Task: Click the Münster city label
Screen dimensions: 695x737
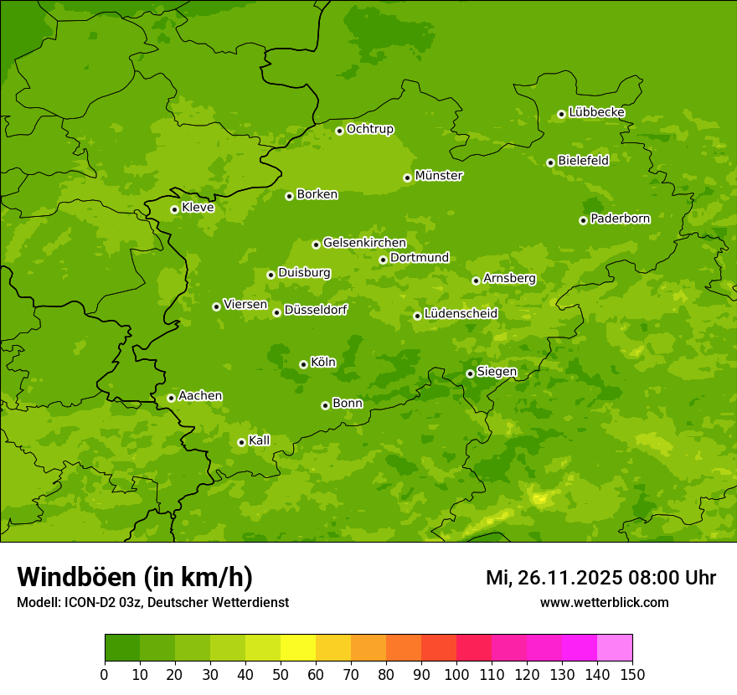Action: pos(439,176)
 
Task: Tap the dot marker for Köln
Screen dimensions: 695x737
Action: pos(303,364)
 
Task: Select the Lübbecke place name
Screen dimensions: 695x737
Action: pos(596,112)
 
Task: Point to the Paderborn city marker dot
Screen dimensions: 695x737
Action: pos(583,220)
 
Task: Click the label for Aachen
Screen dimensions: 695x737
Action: pos(200,396)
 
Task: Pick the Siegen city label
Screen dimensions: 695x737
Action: pos(497,372)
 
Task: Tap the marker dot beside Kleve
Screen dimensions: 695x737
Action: pos(174,209)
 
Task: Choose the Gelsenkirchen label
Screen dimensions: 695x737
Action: pos(364,243)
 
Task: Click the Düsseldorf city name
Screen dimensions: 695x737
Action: pos(316,310)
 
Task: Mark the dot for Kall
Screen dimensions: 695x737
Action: pos(241,442)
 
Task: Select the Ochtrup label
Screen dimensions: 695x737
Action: pos(370,129)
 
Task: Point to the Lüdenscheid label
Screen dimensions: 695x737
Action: pos(461,314)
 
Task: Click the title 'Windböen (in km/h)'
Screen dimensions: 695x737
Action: pos(135,577)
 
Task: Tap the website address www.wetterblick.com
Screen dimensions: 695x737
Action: pos(604,602)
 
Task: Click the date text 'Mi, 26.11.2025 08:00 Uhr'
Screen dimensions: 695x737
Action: pos(600,578)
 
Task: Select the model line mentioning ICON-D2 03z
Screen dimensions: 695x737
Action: pos(152,602)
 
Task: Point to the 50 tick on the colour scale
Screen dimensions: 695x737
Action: pos(281,674)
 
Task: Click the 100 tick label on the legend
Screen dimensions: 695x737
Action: pos(456,674)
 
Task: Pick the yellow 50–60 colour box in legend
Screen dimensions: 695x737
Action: pos(298,648)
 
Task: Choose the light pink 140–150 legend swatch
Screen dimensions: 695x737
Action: pos(615,648)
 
